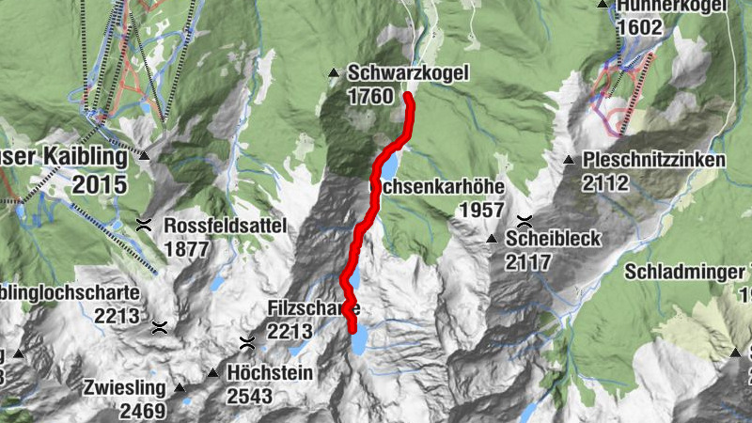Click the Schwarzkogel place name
[x=407, y=73]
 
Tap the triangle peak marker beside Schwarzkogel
[x=333, y=73]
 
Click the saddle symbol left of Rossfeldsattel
[x=144, y=225]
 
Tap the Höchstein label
[x=270, y=372]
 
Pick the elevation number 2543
[x=249, y=396]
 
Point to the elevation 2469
[x=142, y=410]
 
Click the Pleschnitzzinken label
[x=654, y=160]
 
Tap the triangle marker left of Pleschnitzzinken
[x=569, y=160]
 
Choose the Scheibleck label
[x=553, y=239]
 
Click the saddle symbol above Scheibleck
[x=525, y=222]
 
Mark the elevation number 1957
[x=481, y=210]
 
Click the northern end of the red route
[x=408, y=96]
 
